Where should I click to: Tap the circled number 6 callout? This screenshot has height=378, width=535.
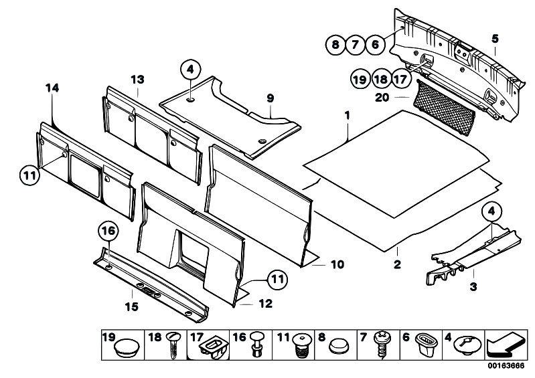(376, 45)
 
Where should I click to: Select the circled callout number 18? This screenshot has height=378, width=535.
(380, 79)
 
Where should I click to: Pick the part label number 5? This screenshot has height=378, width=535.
(495, 38)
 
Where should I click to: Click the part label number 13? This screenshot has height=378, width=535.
(137, 79)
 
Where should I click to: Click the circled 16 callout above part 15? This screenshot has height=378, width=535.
(108, 231)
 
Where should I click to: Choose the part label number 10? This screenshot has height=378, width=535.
(336, 264)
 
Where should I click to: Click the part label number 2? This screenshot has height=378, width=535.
(396, 265)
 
